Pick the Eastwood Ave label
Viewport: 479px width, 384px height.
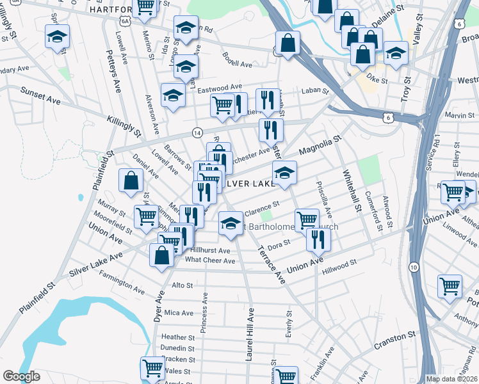click(x=219, y=87)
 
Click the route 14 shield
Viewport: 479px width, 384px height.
click(x=197, y=132)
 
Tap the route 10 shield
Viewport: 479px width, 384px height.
click(x=414, y=266)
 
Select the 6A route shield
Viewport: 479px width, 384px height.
click(x=126, y=21)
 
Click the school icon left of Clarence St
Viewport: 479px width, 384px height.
click(x=229, y=221)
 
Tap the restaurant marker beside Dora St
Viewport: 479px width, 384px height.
click(x=316, y=238)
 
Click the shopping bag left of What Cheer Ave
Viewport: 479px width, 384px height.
click(x=161, y=255)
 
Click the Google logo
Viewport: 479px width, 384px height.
click(x=22, y=376)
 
